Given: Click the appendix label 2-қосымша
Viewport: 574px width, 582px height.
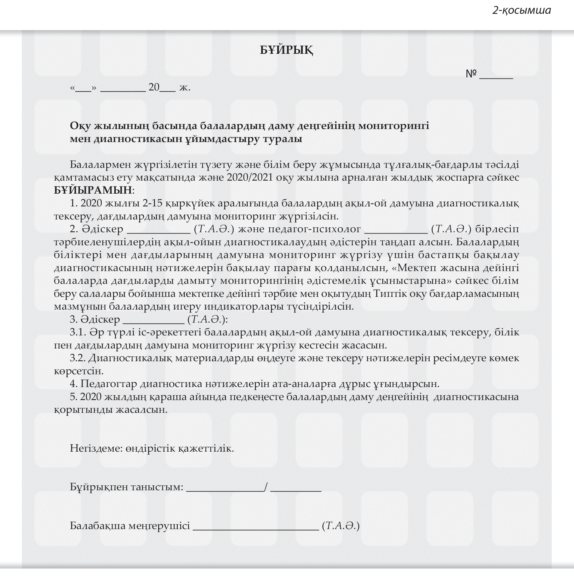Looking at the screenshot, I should (522, 11).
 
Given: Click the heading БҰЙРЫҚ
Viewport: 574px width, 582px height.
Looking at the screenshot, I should (286, 50).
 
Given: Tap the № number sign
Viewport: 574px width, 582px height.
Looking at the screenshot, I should (471, 74).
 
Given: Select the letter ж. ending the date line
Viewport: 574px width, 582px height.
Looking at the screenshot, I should (185, 88).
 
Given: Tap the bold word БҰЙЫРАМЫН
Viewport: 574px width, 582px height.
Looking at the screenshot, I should (93, 190).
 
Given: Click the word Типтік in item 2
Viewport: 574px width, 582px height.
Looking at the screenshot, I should (390, 294).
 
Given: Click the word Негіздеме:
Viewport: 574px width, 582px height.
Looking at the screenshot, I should (96, 449).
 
